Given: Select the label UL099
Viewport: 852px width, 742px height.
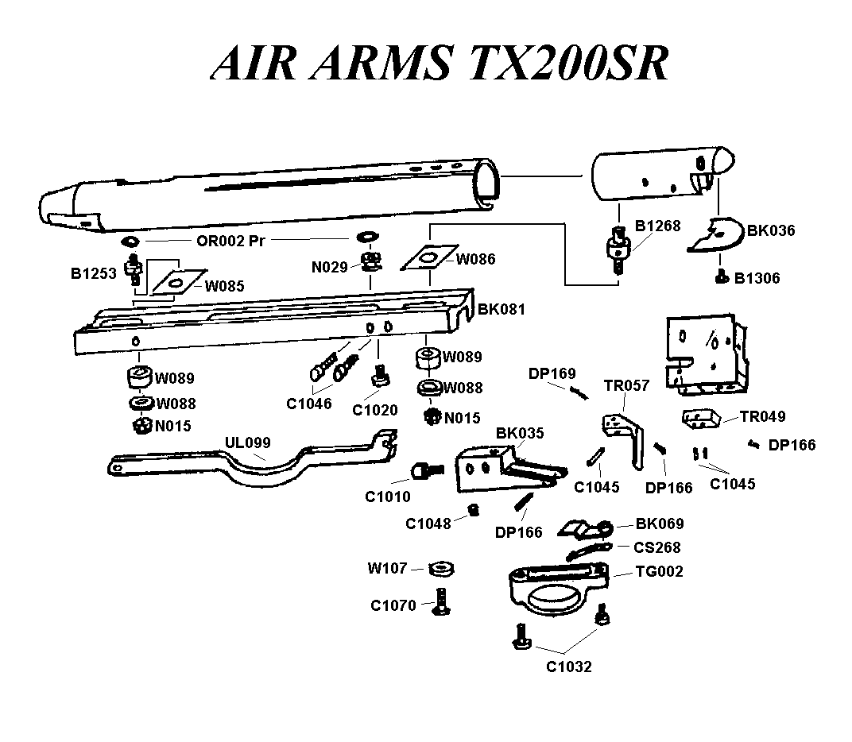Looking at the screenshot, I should click(x=247, y=442).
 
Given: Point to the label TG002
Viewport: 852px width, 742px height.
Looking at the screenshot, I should click(x=659, y=571).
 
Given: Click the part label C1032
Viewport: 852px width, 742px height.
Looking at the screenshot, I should click(x=568, y=667).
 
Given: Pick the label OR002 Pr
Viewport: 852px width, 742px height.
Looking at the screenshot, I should click(x=230, y=240).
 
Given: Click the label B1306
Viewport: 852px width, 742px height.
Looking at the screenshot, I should click(x=757, y=278).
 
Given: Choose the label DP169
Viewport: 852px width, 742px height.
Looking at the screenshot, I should click(x=552, y=373).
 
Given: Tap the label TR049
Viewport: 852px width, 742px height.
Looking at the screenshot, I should click(x=762, y=416).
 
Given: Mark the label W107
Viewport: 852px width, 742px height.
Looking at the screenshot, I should click(x=387, y=568).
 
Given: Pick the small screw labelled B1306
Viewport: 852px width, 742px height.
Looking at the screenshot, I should click(x=721, y=276).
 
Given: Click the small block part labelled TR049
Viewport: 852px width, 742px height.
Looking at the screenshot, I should click(x=702, y=417).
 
